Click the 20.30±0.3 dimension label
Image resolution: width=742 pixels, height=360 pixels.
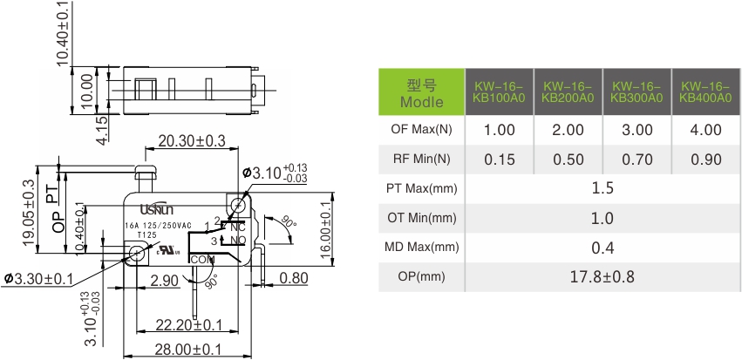[x=191, y=140]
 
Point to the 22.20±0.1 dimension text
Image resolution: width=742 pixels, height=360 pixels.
[x=189, y=324]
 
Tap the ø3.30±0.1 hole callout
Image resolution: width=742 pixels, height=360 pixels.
[x=50, y=278]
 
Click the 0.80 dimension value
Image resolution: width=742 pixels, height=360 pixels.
[x=295, y=279]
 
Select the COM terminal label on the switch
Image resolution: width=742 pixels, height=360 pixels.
[x=201, y=260]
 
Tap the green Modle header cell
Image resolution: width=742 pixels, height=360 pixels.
[x=421, y=92]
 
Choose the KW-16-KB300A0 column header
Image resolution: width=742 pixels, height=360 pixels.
[x=636, y=92]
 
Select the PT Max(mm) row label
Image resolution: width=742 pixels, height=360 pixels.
[x=421, y=188]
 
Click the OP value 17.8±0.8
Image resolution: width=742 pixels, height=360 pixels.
[x=602, y=277]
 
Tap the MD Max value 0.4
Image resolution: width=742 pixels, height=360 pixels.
[x=602, y=248]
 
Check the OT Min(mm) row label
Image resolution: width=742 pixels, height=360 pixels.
[x=421, y=218]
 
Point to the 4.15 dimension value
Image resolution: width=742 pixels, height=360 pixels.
[x=102, y=130]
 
